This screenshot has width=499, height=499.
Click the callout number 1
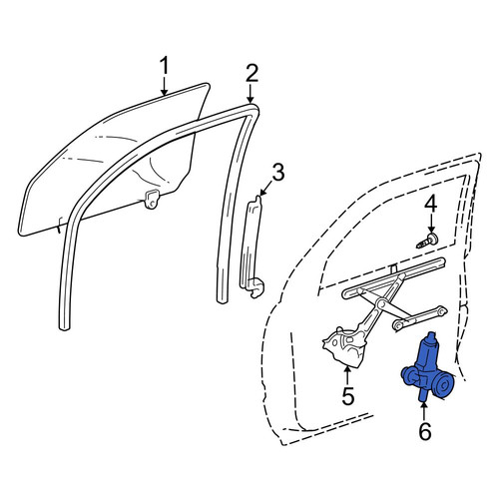click(x=164, y=65)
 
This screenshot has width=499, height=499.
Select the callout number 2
click(x=251, y=73)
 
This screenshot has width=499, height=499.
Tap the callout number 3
click(x=278, y=172)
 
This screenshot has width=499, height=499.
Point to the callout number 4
click(x=431, y=206)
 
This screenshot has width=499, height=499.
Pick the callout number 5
click(x=348, y=396)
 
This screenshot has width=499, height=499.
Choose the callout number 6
click(x=425, y=431)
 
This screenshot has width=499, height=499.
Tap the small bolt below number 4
click(x=427, y=241)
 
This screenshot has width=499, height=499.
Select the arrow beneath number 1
click(x=164, y=86)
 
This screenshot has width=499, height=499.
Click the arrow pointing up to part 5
click(x=347, y=375)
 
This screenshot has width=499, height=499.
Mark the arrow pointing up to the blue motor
click(x=423, y=411)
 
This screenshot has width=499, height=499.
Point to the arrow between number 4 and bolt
click(x=431, y=225)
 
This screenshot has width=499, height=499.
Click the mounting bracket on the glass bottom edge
click(x=152, y=199)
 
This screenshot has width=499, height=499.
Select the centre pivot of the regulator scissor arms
click(x=381, y=303)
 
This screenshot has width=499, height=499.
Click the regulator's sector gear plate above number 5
click(x=343, y=346)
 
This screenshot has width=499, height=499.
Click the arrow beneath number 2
click(x=250, y=93)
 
